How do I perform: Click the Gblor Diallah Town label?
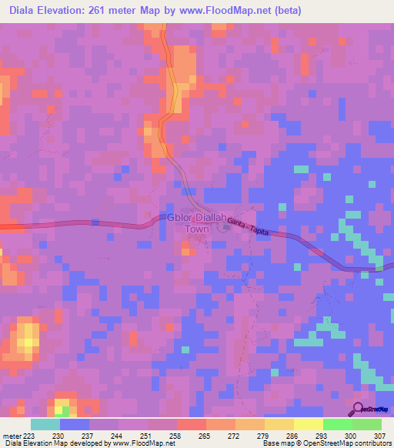[198, 223]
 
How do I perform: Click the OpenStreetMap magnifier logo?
[358, 408]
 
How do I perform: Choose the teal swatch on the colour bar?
[45, 424]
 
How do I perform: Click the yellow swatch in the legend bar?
[309, 424]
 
